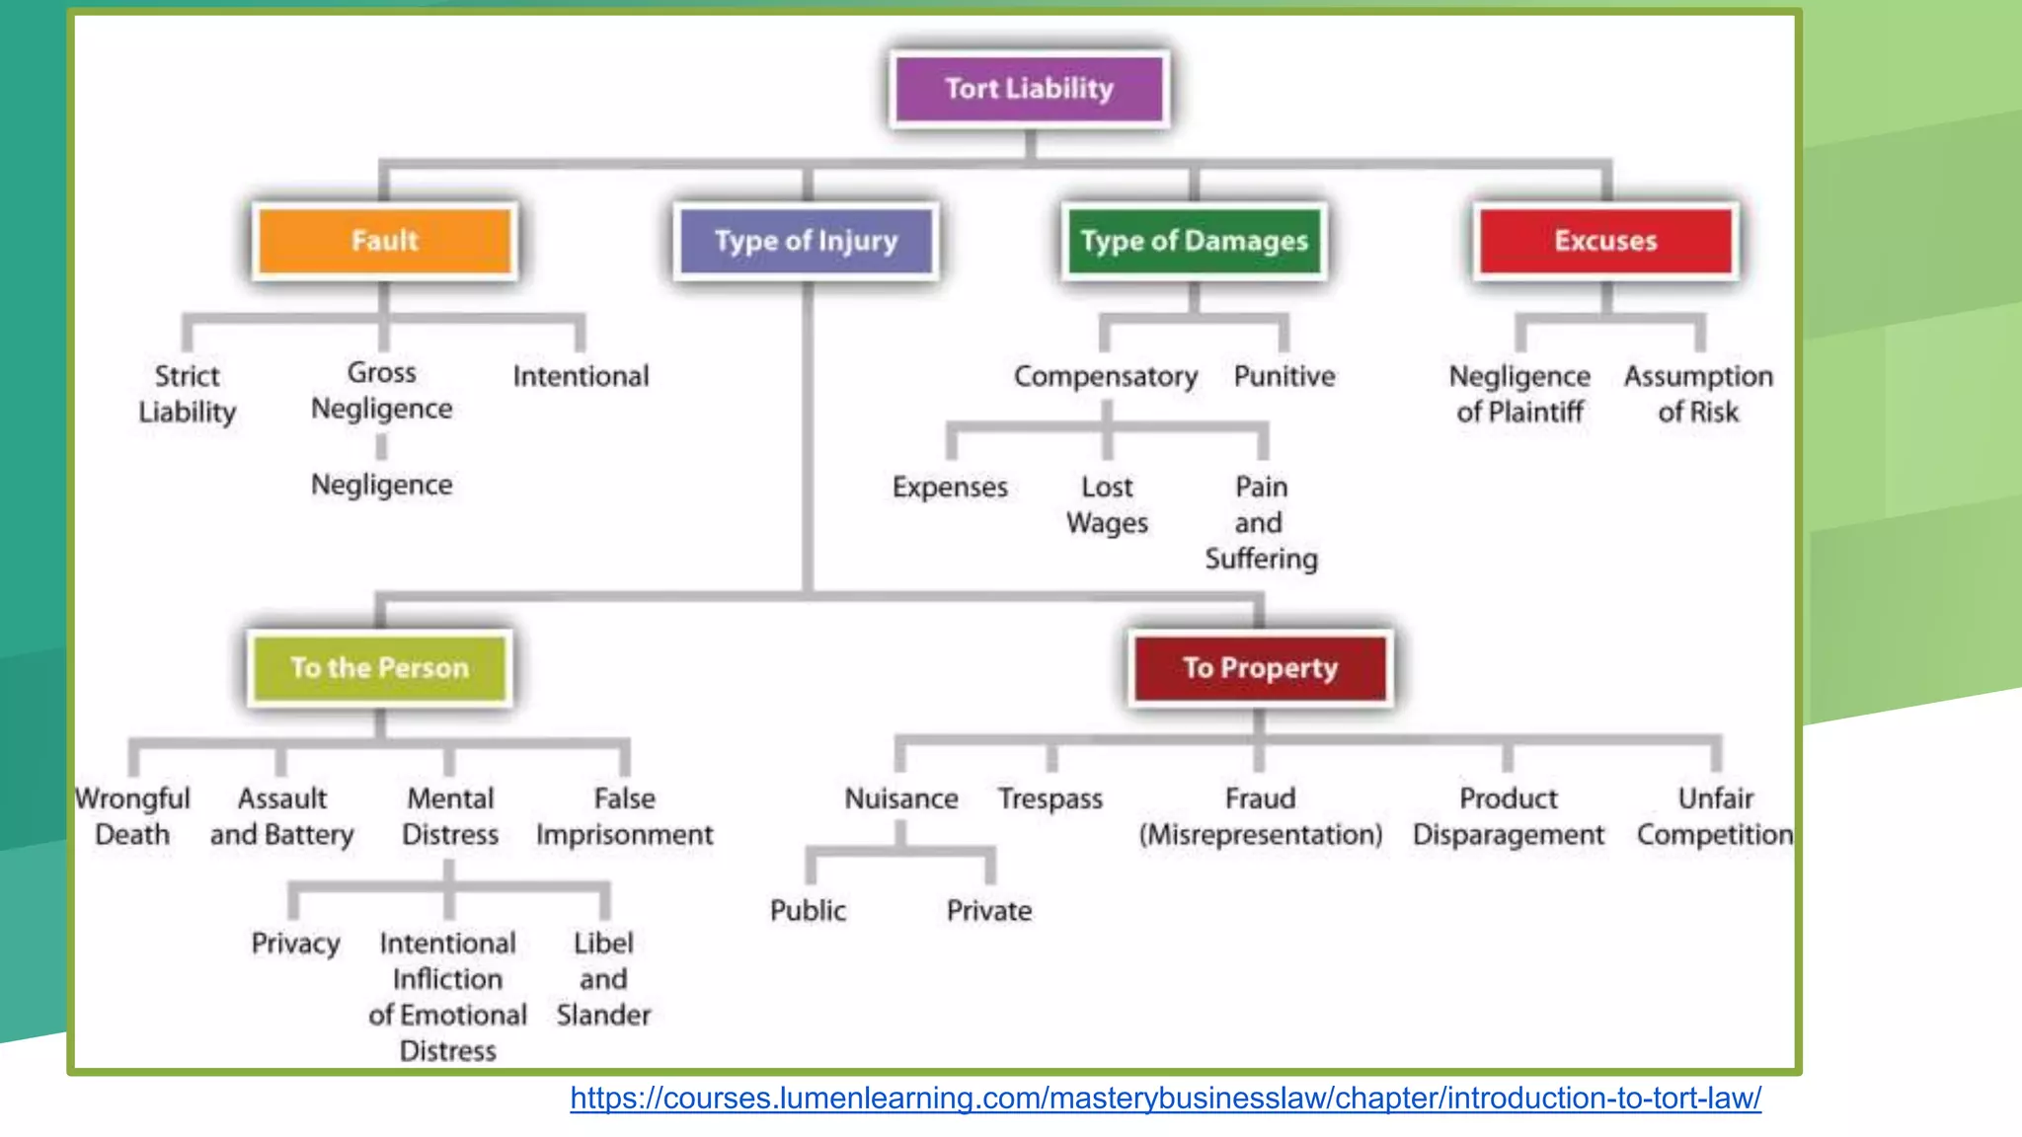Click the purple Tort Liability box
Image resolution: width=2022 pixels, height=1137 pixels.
coord(1029,89)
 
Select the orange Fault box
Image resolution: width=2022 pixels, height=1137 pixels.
coord(385,241)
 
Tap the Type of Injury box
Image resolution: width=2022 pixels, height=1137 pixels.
coord(806,241)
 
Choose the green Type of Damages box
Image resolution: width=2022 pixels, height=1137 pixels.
coord(1194,241)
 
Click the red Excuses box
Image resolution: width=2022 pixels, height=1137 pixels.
coord(1605,241)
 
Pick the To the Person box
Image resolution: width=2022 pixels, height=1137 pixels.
coord(379,668)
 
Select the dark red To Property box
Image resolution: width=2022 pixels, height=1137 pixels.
coord(1260,668)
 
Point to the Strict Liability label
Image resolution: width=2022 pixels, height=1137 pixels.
coord(188,394)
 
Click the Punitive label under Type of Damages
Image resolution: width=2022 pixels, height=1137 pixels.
coord(1283,376)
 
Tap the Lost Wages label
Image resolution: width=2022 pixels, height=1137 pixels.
coord(1107,504)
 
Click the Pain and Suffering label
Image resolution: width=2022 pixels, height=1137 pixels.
coord(1261,522)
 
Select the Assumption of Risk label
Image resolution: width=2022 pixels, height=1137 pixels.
coord(1698,394)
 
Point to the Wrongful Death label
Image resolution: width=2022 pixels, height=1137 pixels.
coord(132,816)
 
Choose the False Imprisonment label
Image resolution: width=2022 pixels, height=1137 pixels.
coord(624,816)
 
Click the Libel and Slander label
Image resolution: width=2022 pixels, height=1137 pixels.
coord(603,978)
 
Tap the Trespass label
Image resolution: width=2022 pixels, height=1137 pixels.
coord(1050,798)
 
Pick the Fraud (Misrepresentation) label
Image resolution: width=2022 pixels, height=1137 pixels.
coord(1260,816)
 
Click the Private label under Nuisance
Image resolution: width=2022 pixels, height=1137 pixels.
coord(988,910)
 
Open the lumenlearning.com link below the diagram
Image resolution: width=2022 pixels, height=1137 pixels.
coord(1165,1098)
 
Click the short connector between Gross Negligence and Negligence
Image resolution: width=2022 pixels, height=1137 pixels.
coord(381,447)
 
